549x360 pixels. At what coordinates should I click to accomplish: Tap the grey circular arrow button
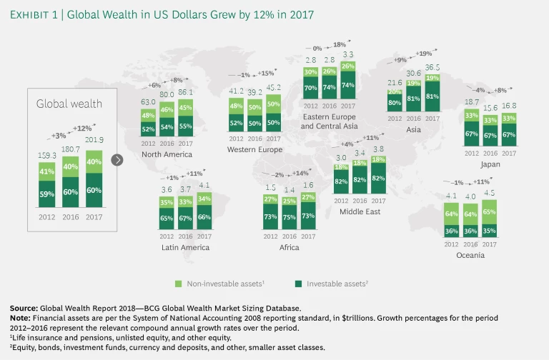click(x=118, y=160)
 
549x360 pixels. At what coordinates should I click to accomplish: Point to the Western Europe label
click(x=255, y=150)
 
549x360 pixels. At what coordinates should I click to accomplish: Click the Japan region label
click(x=490, y=164)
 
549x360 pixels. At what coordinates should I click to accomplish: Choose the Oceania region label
click(x=470, y=254)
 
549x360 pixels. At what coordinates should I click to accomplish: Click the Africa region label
click(x=289, y=247)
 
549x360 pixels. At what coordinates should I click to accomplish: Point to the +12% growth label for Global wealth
click(x=81, y=128)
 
